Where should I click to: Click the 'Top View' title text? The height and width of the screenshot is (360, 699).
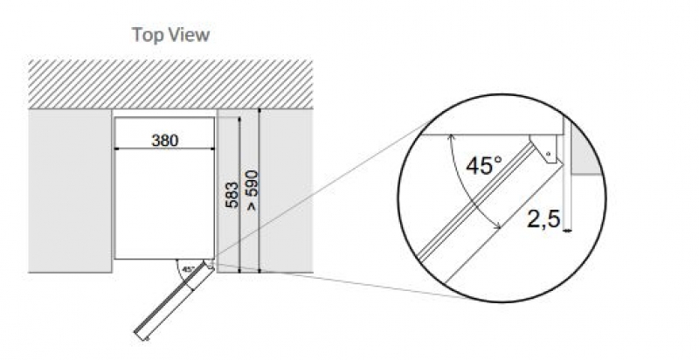(x=170, y=35)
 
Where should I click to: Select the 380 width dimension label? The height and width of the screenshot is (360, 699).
(x=165, y=140)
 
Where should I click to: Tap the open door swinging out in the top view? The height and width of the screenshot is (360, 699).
(x=175, y=298)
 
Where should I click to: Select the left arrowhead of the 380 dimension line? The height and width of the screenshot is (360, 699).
(x=119, y=148)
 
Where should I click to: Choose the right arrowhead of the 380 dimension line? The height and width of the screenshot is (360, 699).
(x=212, y=148)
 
